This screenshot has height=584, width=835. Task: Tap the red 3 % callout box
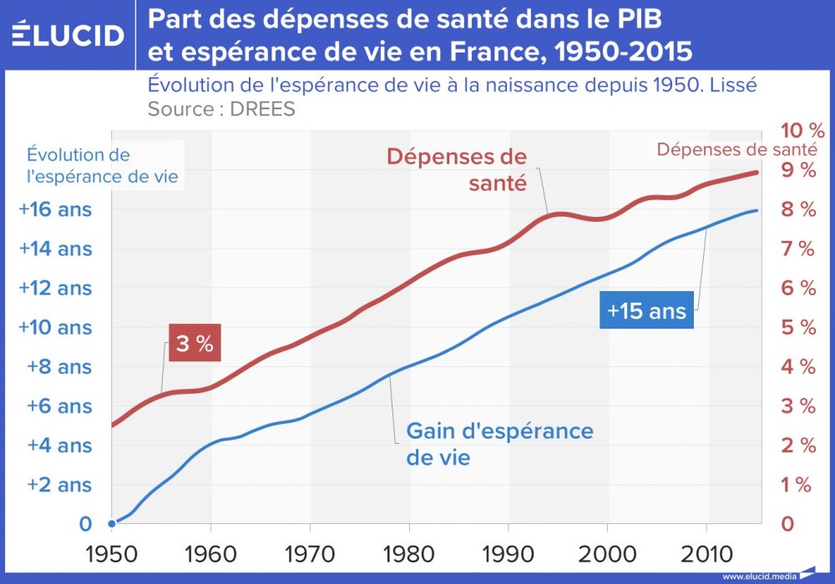[194, 343]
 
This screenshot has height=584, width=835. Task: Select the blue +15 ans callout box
[645, 311]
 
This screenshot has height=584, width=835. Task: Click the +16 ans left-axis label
[55, 209]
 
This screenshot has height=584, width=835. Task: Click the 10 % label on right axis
[802, 131]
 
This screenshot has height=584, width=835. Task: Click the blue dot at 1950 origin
[112, 524]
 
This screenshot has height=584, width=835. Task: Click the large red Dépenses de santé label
[457, 169]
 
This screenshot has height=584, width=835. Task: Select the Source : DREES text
[221, 109]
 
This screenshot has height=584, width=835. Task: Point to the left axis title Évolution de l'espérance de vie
[103, 165]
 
